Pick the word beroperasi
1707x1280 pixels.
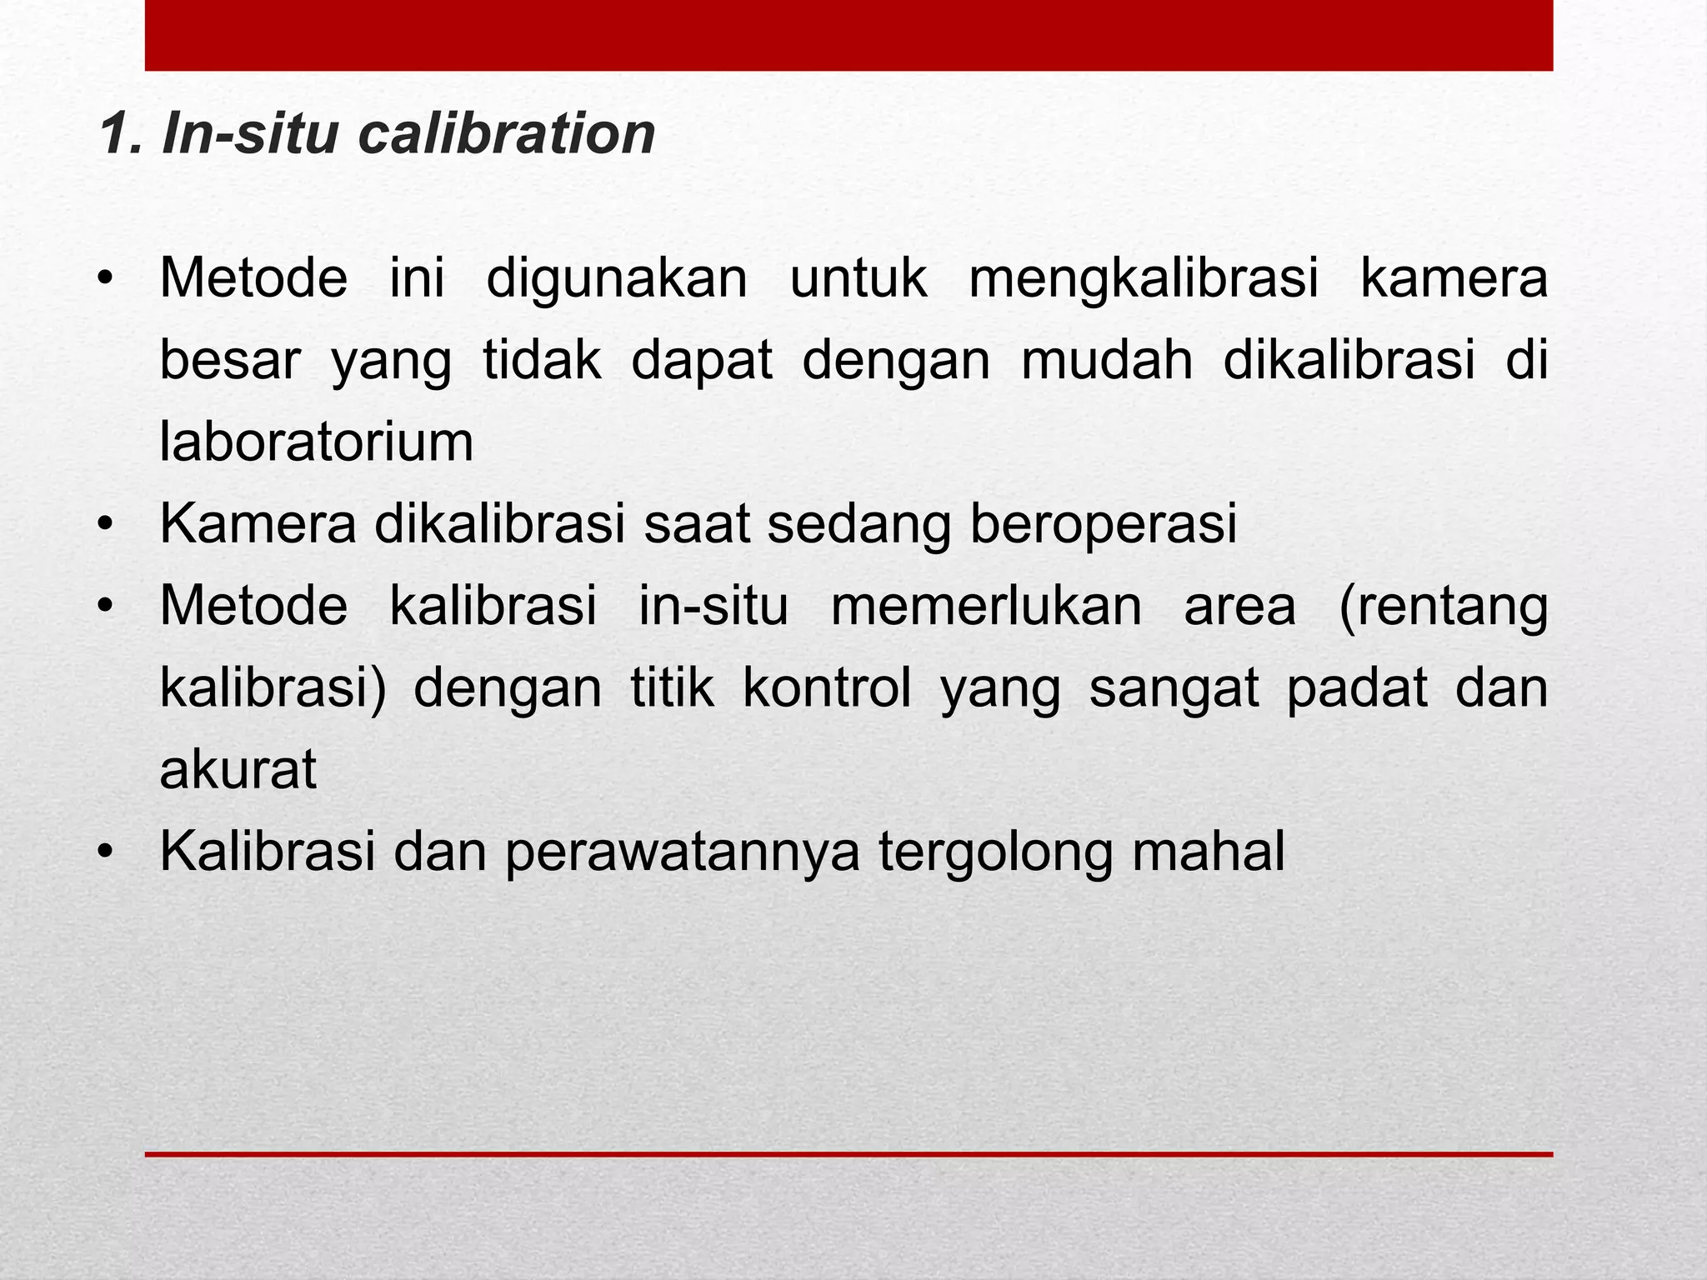point(1104,524)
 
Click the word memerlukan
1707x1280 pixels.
point(986,606)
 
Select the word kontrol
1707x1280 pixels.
point(827,688)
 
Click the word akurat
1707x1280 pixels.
point(238,769)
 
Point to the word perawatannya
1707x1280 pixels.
point(682,853)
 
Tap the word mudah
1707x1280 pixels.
point(1107,360)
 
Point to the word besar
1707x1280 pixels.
point(229,361)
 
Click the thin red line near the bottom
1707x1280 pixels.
point(848,1154)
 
